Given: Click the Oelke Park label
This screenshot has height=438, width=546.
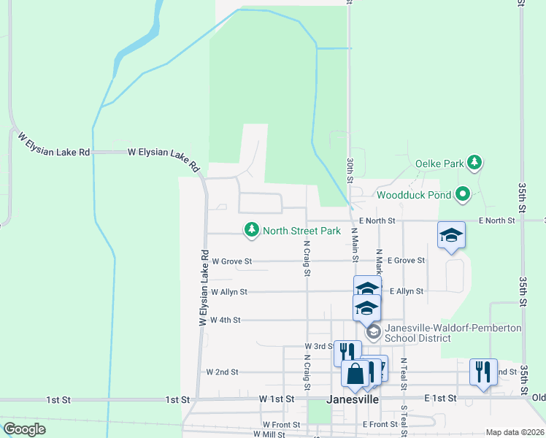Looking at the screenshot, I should coord(439,164).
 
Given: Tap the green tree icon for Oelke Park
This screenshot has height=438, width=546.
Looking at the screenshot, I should coord(474,162).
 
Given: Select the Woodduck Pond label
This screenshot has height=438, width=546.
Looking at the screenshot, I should coord(413,195).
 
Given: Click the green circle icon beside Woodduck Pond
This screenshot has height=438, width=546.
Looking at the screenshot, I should coord(462,194).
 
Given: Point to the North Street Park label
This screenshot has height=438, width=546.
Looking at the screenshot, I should coord(301,231).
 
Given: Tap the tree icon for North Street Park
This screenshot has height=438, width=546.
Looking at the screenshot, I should coord(252,231).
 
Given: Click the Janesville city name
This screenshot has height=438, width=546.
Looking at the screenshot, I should coord(353,400).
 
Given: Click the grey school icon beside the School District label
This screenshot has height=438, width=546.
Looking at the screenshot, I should coord(373,333).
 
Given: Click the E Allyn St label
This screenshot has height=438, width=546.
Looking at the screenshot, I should coord(407,291).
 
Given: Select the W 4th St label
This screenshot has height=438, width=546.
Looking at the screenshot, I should coord(225,320).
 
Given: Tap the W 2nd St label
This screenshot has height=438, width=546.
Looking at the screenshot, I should coord(223,372).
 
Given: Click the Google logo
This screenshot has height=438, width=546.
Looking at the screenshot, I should coord(24,429).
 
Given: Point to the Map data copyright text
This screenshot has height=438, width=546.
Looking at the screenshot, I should coord(514,432).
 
